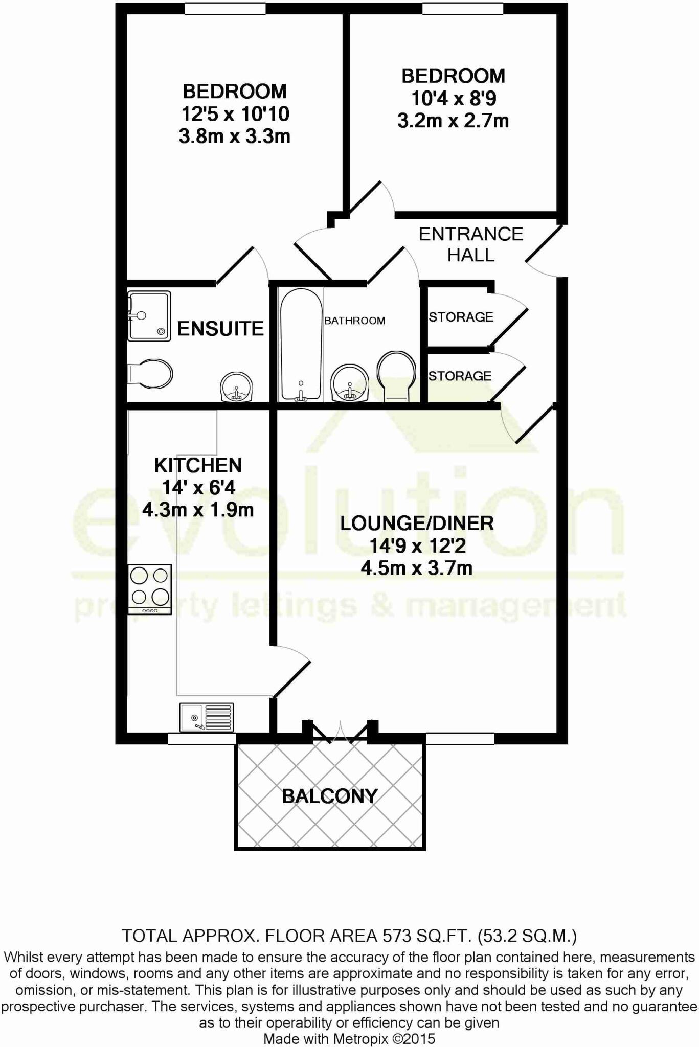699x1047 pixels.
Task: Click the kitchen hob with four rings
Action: pyautogui.click(x=149, y=589)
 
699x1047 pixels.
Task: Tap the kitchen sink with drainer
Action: pyautogui.click(x=207, y=717)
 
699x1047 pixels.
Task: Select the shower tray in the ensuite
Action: pyautogui.click(x=149, y=316)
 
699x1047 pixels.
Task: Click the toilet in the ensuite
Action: pyautogui.click(x=150, y=374)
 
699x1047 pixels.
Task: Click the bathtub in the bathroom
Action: pyautogui.click(x=301, y=345)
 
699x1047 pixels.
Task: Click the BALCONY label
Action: pyautogui.click(x=330, y=796)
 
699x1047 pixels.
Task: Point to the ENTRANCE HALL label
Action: pyautogui.click(x=470, y=244)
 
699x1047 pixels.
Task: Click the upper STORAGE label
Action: pyautogui.click(x=461, y=317)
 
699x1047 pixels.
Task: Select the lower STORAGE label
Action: pyautogui.click(x=460, y=376)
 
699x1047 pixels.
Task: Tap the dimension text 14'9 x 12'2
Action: pyautogui.click(x=417, y=546)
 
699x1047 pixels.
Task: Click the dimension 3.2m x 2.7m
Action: pyautogui.click(x=453, y=121)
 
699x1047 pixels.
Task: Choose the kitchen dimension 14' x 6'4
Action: pyautogui.click(x=198, y=488)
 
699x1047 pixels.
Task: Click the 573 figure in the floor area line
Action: pyautogui.click(x=397, y=936)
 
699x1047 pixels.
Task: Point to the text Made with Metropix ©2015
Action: pyautogui.click(x=349, y=1039)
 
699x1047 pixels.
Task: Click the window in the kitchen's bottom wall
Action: pyautogui.click(x=202, y=739)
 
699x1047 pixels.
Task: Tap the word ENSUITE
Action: pyautogui.click(x=220, y=329)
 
